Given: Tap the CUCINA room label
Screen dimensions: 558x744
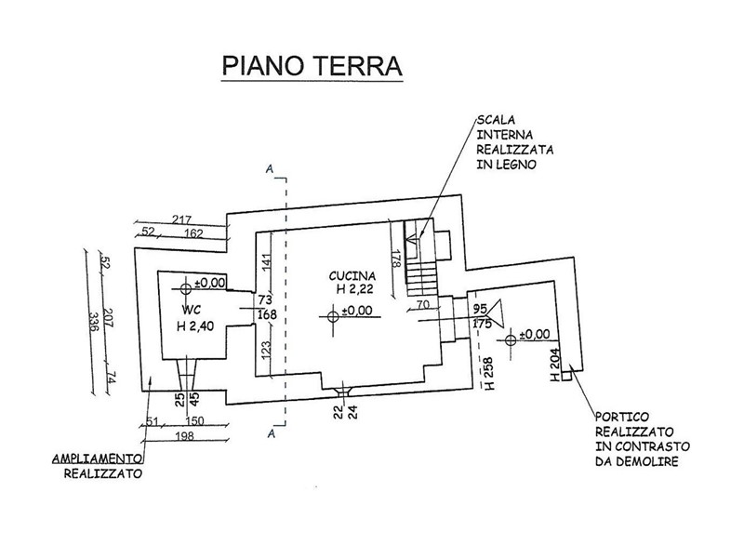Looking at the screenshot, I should coord(352,276).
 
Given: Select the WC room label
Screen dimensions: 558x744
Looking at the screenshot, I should coord(191,308).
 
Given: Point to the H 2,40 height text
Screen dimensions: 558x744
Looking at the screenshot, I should coord(196,325).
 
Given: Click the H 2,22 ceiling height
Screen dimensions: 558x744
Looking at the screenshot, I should coord(354,290).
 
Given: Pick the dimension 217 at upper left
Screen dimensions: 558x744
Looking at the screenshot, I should coord(183,219).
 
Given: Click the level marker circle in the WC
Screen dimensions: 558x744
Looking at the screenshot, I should coord(187,283).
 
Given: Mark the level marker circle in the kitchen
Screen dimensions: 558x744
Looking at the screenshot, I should coord(333,316).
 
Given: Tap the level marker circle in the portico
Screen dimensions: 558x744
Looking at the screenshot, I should coord(511,339).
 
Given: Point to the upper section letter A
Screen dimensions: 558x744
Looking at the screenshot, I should coord(269,170).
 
